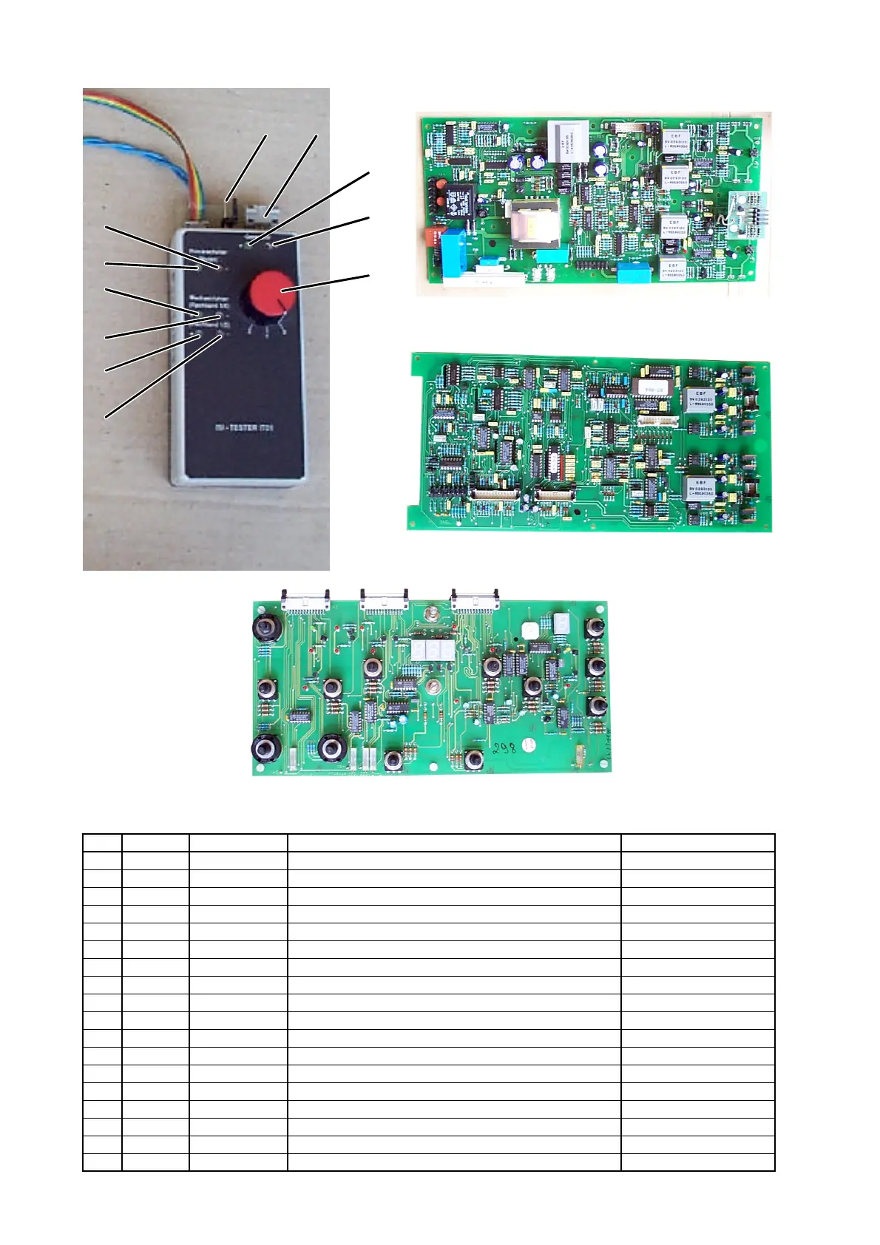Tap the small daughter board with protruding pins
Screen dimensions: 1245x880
click(x=745, y=214)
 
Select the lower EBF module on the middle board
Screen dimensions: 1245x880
click(x=700, y=489)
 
